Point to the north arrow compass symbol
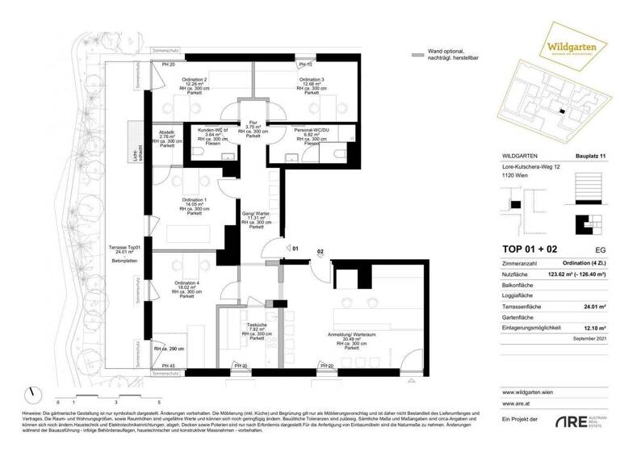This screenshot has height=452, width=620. tap(32, 393)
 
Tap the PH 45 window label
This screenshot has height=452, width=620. tap(168, 367)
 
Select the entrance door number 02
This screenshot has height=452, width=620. tap(320, 252)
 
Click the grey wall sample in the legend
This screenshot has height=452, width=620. tap(417, 56)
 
